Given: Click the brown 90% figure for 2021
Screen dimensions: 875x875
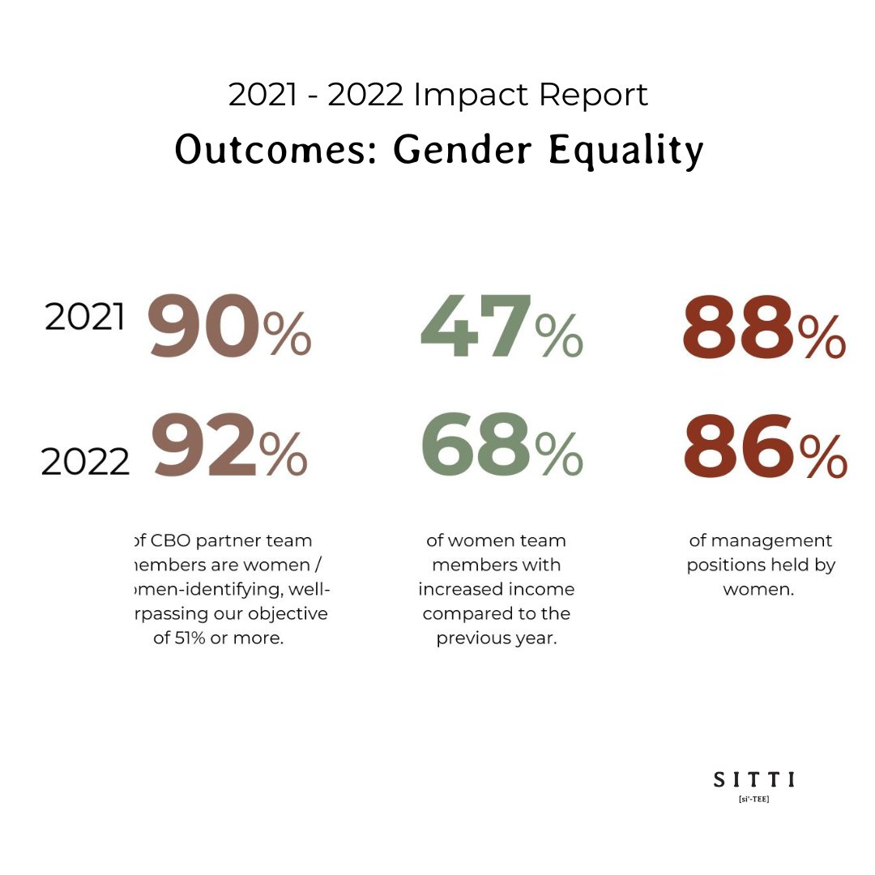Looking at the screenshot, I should click(228, 327).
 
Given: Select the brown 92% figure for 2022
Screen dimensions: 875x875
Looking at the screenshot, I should click(230, 446).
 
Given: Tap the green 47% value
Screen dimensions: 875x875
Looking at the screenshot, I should click(501, 327).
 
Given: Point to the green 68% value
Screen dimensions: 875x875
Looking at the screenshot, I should click(501, 446).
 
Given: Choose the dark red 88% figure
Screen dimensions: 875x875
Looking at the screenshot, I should click(764, 327).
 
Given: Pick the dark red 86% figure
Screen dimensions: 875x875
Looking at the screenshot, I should click(765, 446).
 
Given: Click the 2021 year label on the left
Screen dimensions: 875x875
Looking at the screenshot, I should click(85, 318).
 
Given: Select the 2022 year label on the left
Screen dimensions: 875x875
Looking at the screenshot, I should click(85, 462).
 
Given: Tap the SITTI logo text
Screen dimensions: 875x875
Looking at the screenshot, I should click(753, 779).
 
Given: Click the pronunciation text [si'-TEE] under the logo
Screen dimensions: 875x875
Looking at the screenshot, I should click(753, 800).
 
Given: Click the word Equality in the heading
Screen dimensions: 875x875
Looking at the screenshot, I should click(626, 151).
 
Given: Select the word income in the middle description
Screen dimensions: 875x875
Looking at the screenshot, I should click(537, 589).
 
